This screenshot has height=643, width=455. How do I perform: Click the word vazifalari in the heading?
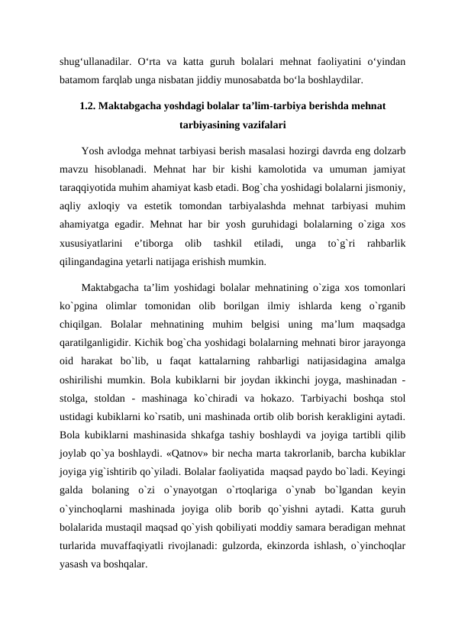coord(263,123)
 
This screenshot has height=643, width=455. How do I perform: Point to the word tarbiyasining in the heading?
coord(205,123)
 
